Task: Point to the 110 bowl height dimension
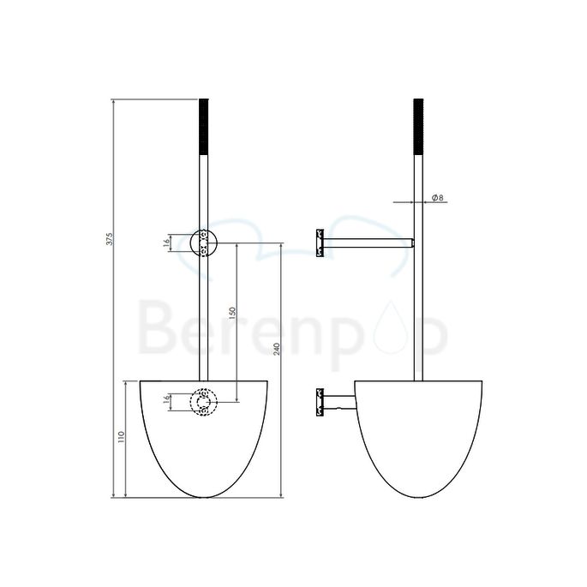(122, 439)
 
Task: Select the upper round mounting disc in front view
(204, 243)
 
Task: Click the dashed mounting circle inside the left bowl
(204, 402)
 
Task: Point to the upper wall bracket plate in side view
(319, 243)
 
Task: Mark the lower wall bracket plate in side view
(319, 401)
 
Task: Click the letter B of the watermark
(154, 329)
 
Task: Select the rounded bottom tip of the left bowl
(204, 496)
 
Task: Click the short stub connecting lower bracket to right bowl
(339, 401)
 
